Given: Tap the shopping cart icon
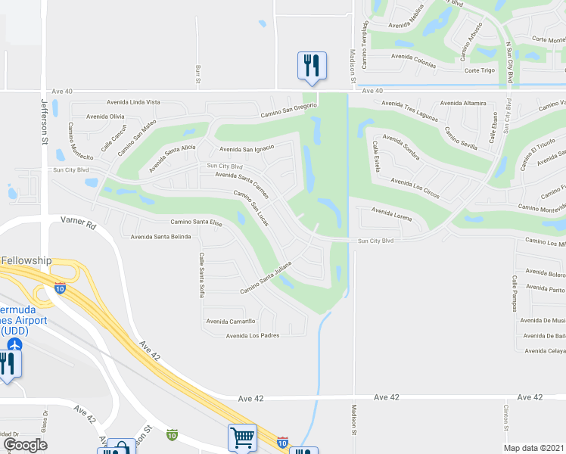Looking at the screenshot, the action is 242,437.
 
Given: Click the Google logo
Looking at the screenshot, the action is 25,445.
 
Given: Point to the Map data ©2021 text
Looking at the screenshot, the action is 535,448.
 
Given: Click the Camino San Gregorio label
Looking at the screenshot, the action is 285,112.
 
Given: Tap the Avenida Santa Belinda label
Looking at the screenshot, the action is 160,237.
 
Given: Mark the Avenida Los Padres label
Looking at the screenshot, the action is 253,335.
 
